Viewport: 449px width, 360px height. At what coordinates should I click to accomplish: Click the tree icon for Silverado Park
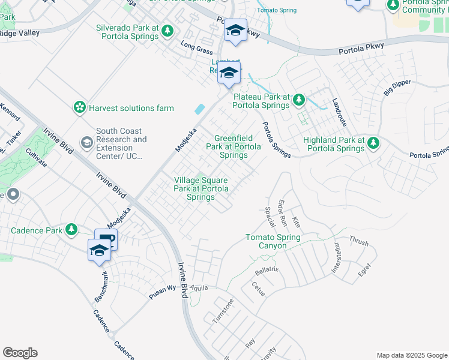click(x=169, y=31)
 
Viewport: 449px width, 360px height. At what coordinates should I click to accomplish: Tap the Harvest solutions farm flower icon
click(x=79, y=107)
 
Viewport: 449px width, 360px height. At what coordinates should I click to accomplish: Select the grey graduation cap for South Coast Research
click(x=87, y=142)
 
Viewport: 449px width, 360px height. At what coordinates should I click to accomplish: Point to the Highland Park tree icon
click(x=373, y=143)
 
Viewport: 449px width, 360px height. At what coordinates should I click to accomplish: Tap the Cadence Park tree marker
click(x=71, y=230)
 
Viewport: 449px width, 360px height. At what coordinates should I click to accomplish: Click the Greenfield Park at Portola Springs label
click(x=234, y=146)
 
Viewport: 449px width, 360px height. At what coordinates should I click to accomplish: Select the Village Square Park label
click(x=200, y=188)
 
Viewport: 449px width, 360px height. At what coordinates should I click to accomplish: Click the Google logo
click(x=20, y=353)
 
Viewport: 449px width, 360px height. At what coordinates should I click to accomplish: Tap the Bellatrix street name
click(x=266, y=272)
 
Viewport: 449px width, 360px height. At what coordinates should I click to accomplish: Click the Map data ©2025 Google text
click(x=411, y=355)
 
